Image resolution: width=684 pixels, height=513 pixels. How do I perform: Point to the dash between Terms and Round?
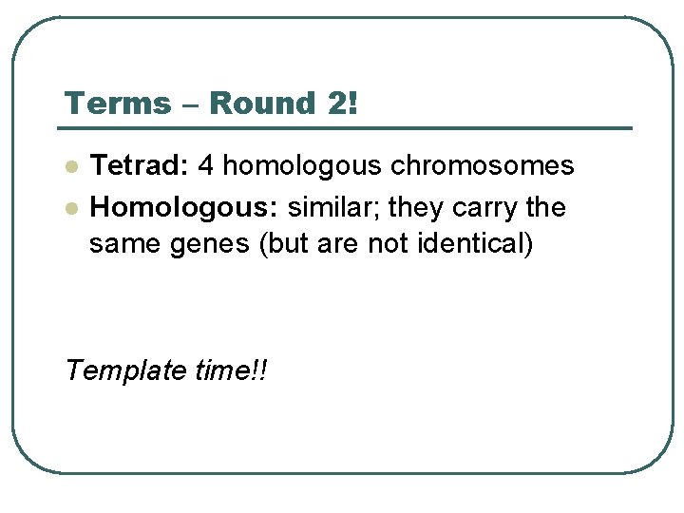191,104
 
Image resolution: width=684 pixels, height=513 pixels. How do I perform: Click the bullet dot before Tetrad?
70,167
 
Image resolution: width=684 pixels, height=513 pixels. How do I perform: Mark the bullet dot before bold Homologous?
70,208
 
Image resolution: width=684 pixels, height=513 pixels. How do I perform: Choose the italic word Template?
126,370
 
